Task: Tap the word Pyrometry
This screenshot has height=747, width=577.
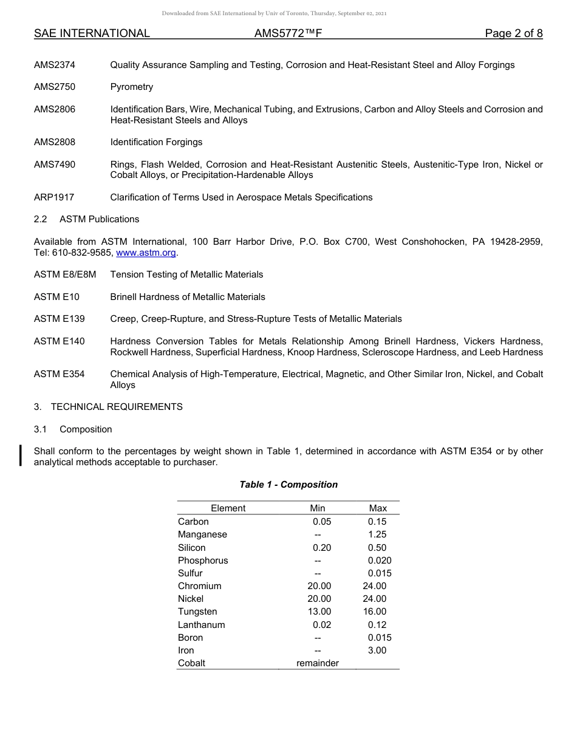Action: coord(132,87)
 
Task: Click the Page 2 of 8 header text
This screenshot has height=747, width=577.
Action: coord(514,33)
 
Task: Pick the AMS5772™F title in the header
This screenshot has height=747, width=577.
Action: coord(288,33)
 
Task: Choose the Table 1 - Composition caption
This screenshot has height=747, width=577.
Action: coord(288,485)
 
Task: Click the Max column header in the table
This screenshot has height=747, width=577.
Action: coord(378,508)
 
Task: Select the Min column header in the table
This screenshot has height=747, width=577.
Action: coord(318,508)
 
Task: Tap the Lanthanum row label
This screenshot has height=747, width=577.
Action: coord(202,625)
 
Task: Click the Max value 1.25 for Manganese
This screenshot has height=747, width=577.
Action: coord(377,534)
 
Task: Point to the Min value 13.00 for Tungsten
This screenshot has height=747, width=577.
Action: coord(319,612)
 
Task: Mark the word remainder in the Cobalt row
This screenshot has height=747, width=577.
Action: coord(318,663)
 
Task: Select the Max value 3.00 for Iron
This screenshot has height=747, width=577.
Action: coord(377,650)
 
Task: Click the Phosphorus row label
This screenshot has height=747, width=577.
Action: coord(203,561)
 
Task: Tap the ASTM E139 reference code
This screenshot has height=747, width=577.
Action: coord(60,319)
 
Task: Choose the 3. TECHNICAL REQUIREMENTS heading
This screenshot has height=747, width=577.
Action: coord(108,407)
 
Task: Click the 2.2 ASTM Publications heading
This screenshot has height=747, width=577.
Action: coord(86,219)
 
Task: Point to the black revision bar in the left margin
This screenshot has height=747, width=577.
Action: coord(21,455)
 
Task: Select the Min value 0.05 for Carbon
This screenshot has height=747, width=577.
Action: coord(322,522)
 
